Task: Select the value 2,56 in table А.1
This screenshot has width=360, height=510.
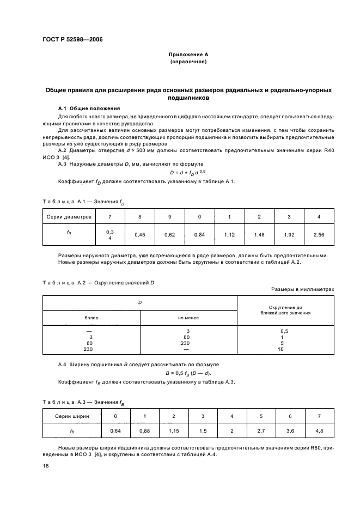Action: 319,235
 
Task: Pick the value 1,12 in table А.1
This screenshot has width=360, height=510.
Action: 229,235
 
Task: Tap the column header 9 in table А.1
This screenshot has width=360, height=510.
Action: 169,217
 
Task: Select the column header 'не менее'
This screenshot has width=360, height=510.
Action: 188,317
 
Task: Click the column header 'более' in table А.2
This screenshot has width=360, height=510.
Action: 91,317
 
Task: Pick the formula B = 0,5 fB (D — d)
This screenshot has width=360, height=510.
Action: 188,373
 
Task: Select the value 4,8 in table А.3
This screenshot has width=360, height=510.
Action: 319,431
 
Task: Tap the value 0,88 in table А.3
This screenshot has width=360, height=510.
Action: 144,431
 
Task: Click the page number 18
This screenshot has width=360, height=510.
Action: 46,466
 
